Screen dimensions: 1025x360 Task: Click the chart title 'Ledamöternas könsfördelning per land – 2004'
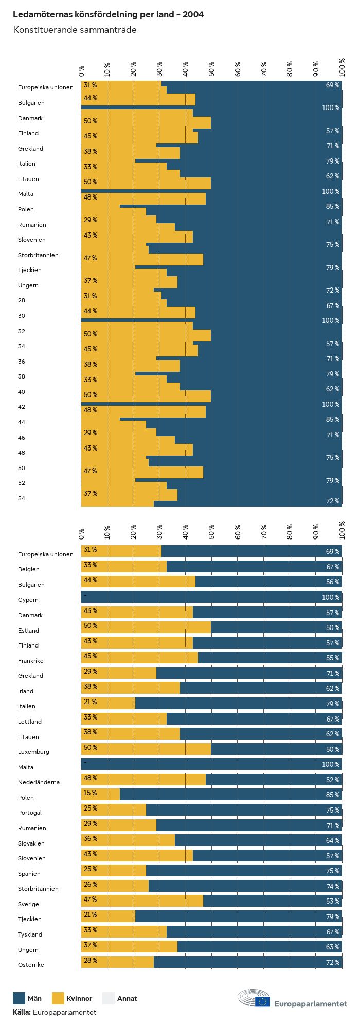108,14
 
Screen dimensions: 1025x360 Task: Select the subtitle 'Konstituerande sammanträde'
75,30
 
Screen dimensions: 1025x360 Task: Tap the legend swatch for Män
19,998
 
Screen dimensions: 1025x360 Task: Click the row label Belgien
28,569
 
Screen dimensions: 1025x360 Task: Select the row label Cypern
28,600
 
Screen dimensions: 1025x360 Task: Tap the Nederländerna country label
39,782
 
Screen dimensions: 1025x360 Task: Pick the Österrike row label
31,965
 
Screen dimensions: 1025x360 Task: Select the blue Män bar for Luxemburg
276,749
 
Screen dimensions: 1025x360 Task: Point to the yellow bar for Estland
146,627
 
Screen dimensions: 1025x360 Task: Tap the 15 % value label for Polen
90,793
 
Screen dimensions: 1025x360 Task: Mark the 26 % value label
90,884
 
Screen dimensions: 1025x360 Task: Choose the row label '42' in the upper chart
21,407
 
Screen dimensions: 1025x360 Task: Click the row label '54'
21,498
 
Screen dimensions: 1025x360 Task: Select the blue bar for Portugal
244,810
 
